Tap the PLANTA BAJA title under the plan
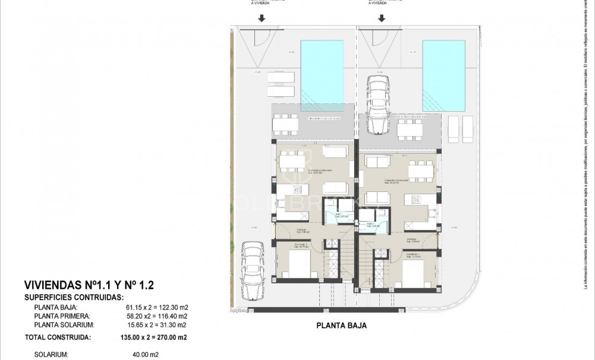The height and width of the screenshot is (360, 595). (341, 326)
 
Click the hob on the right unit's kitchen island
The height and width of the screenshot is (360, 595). (415, 200)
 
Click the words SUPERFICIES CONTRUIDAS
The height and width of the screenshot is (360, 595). (74, 296)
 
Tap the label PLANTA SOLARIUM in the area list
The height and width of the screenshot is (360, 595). (62, 325)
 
